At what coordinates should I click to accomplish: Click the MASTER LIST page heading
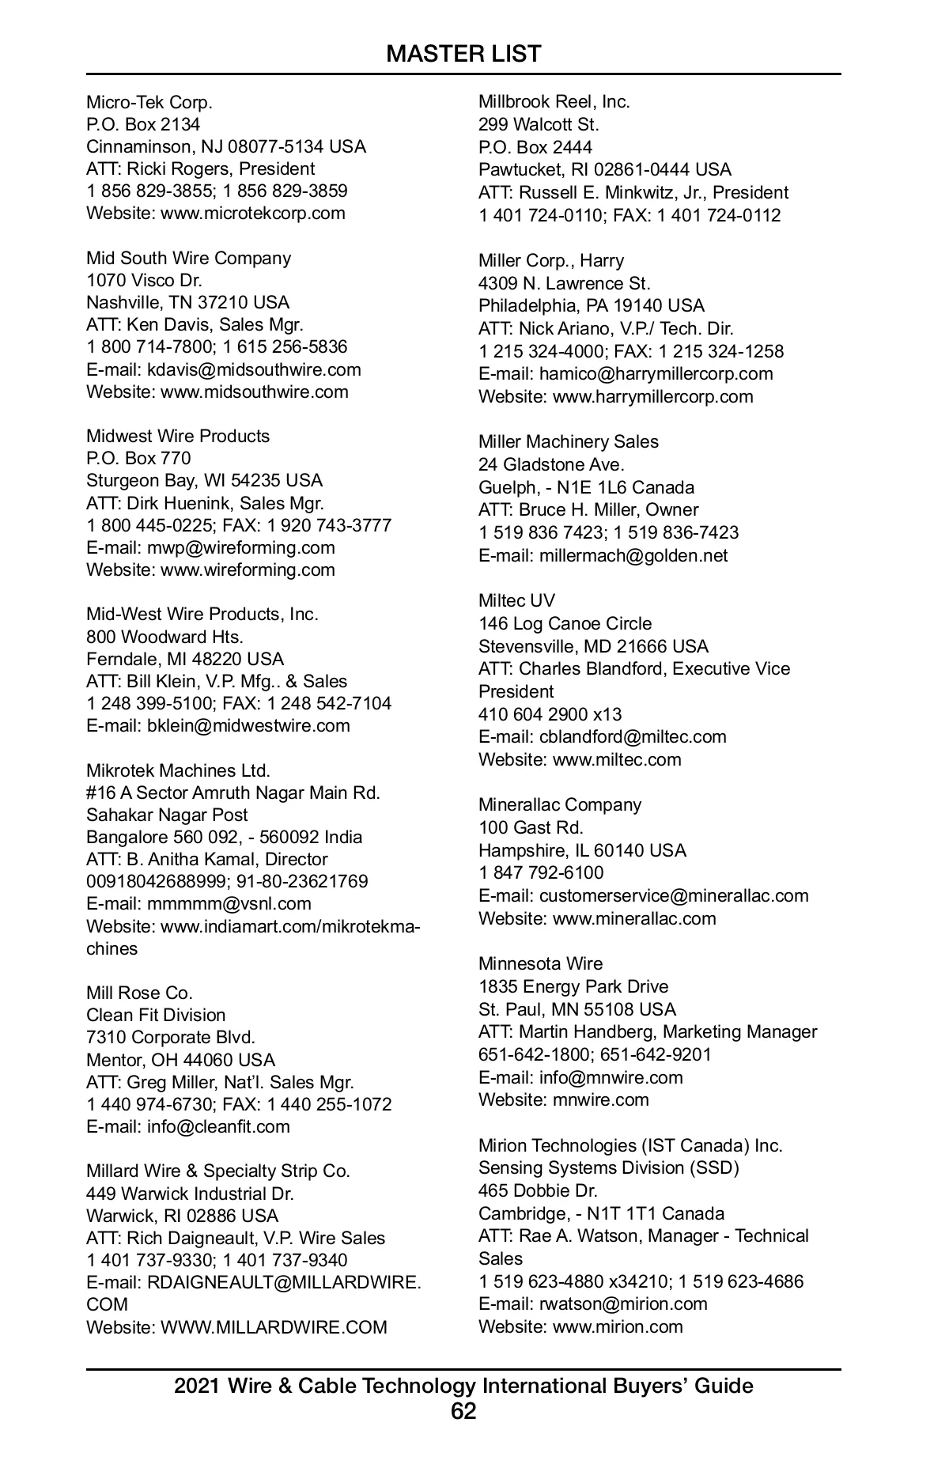click(x=463, y=54)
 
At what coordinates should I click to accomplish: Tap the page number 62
click(x=463, y=1411)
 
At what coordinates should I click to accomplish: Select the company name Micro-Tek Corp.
click(x=149, y=102)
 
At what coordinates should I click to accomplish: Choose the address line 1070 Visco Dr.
click(x=144, y=280)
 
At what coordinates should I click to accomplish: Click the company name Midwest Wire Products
click(x=178, y=436)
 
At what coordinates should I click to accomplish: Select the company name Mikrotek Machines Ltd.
click(x=178, y=770)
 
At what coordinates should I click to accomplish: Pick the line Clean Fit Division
click(x=156, y=1015)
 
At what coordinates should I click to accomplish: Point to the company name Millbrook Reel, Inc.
click(x=554, y=101)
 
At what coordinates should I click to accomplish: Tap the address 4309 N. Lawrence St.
click(x=565, y=283)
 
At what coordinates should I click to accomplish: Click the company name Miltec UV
click(x=516, y=600)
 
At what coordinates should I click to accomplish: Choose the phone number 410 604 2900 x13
click(x=550, y=714)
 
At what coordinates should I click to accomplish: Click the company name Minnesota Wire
click(x=540, y=963)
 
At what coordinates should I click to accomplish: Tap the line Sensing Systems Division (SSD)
click(x=609, y=1167)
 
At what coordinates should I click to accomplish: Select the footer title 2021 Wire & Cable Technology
click(x=463, y=1386)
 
